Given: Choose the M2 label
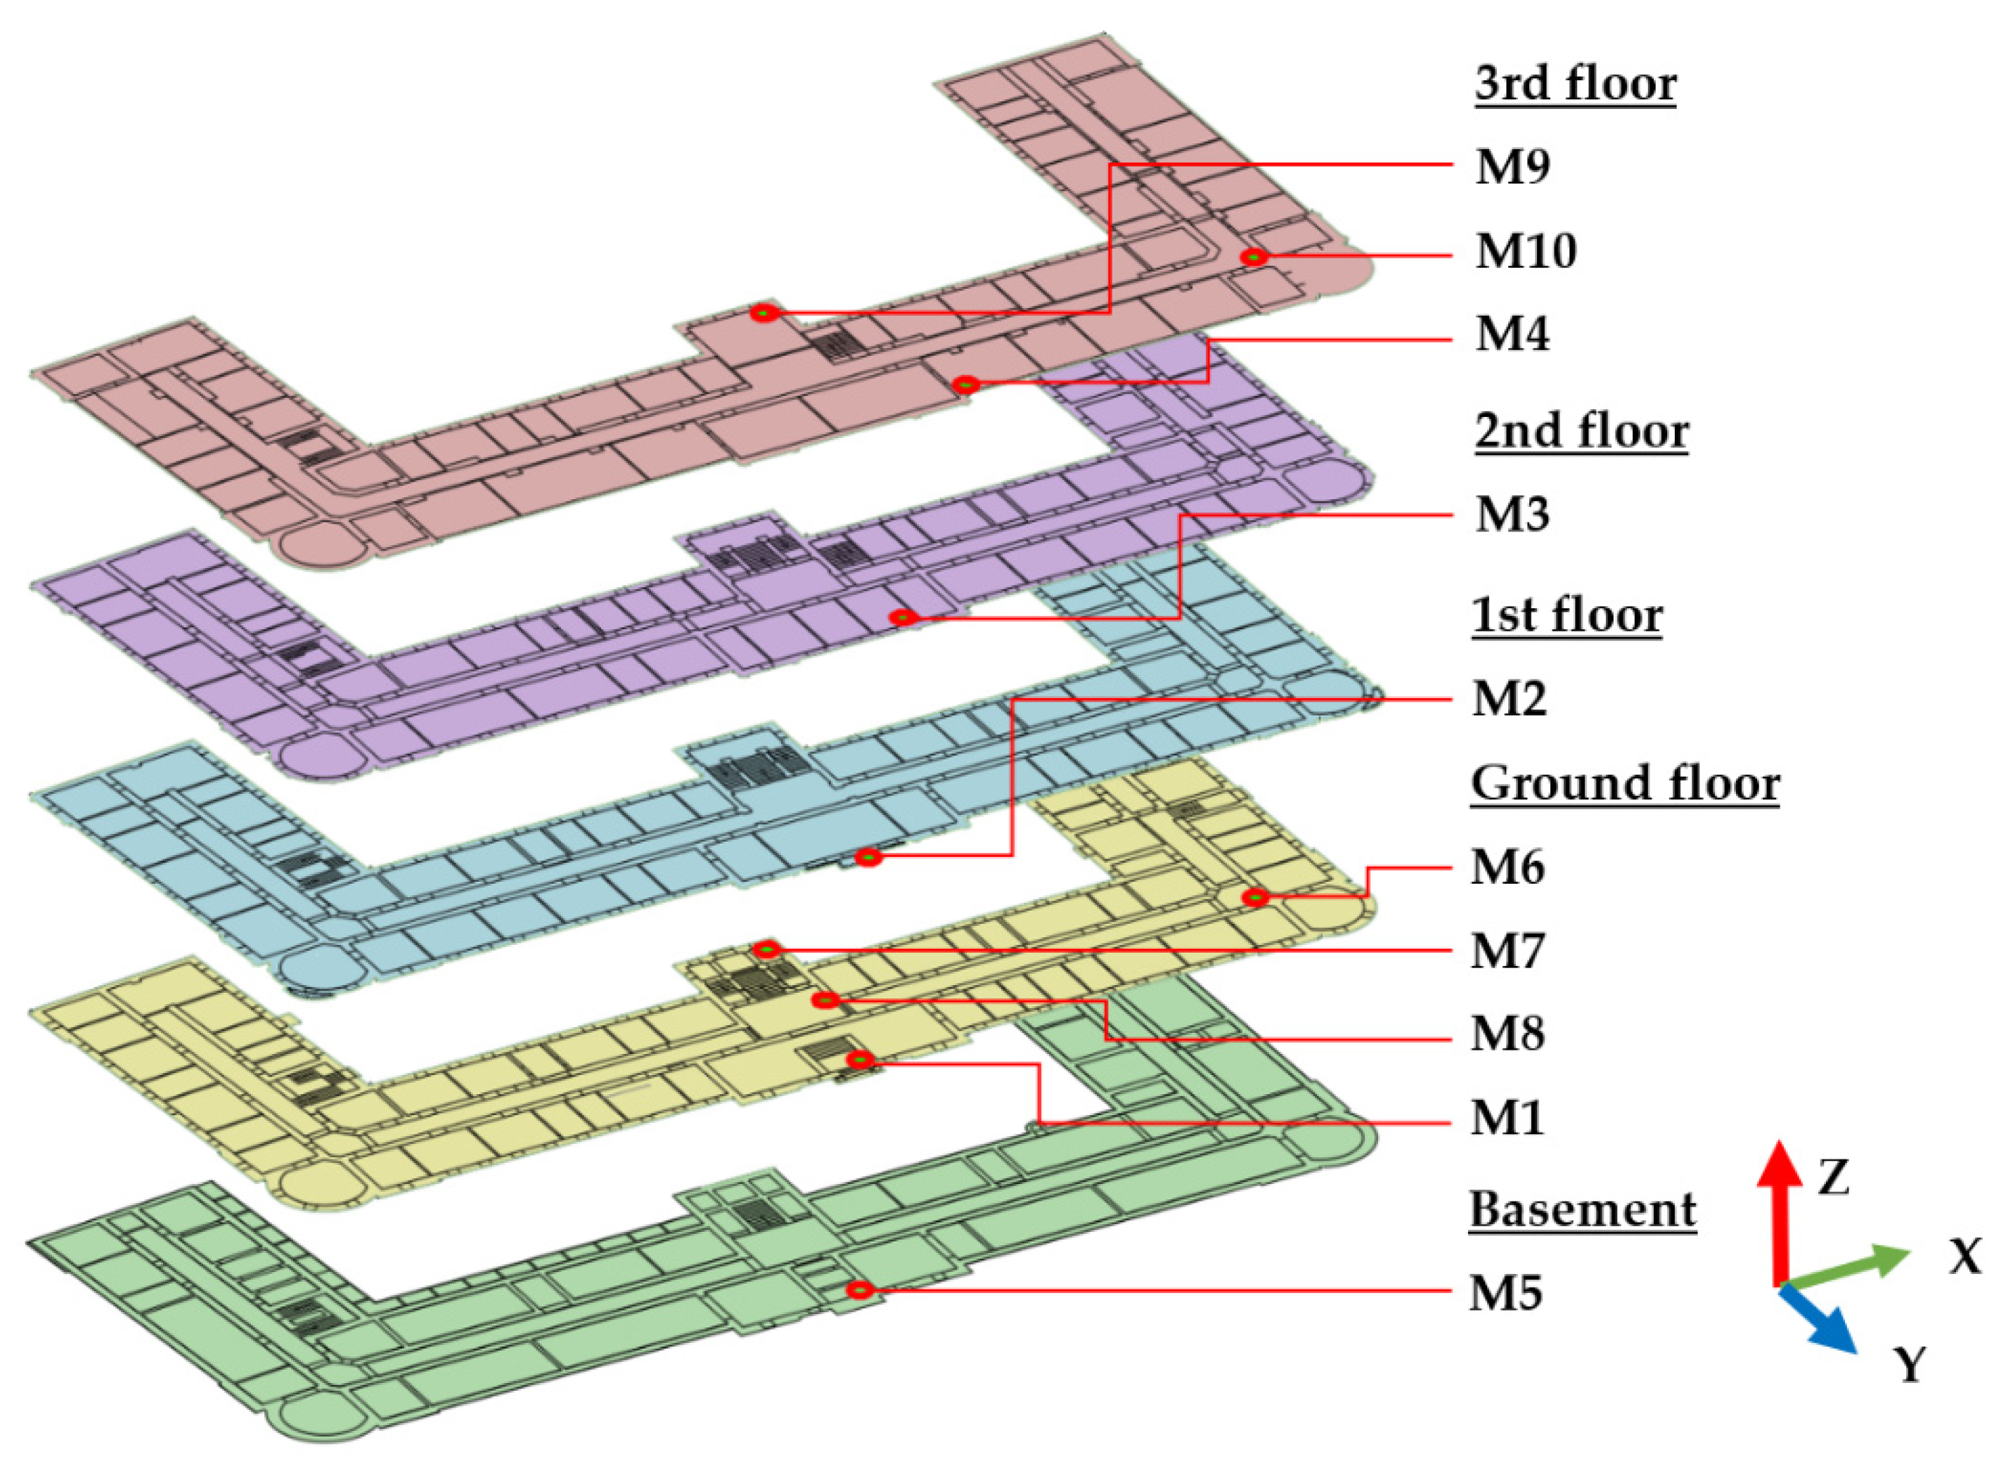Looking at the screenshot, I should click(x=1508, y=698).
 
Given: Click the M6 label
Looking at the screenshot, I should click(x=1507, y=867).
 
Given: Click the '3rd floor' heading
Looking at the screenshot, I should click(x=1575, y=84).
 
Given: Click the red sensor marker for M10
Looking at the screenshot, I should click(x=1254, y=257).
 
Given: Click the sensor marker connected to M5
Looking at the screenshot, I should click(x=859, y=1290).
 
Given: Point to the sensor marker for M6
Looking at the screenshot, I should click(x=1255, y=897).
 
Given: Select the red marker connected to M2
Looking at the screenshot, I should click(x=869, y=858).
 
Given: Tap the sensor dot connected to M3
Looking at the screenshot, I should click(x=903, y=617).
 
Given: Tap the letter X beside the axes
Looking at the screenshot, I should click(x=1964, y=1257).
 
